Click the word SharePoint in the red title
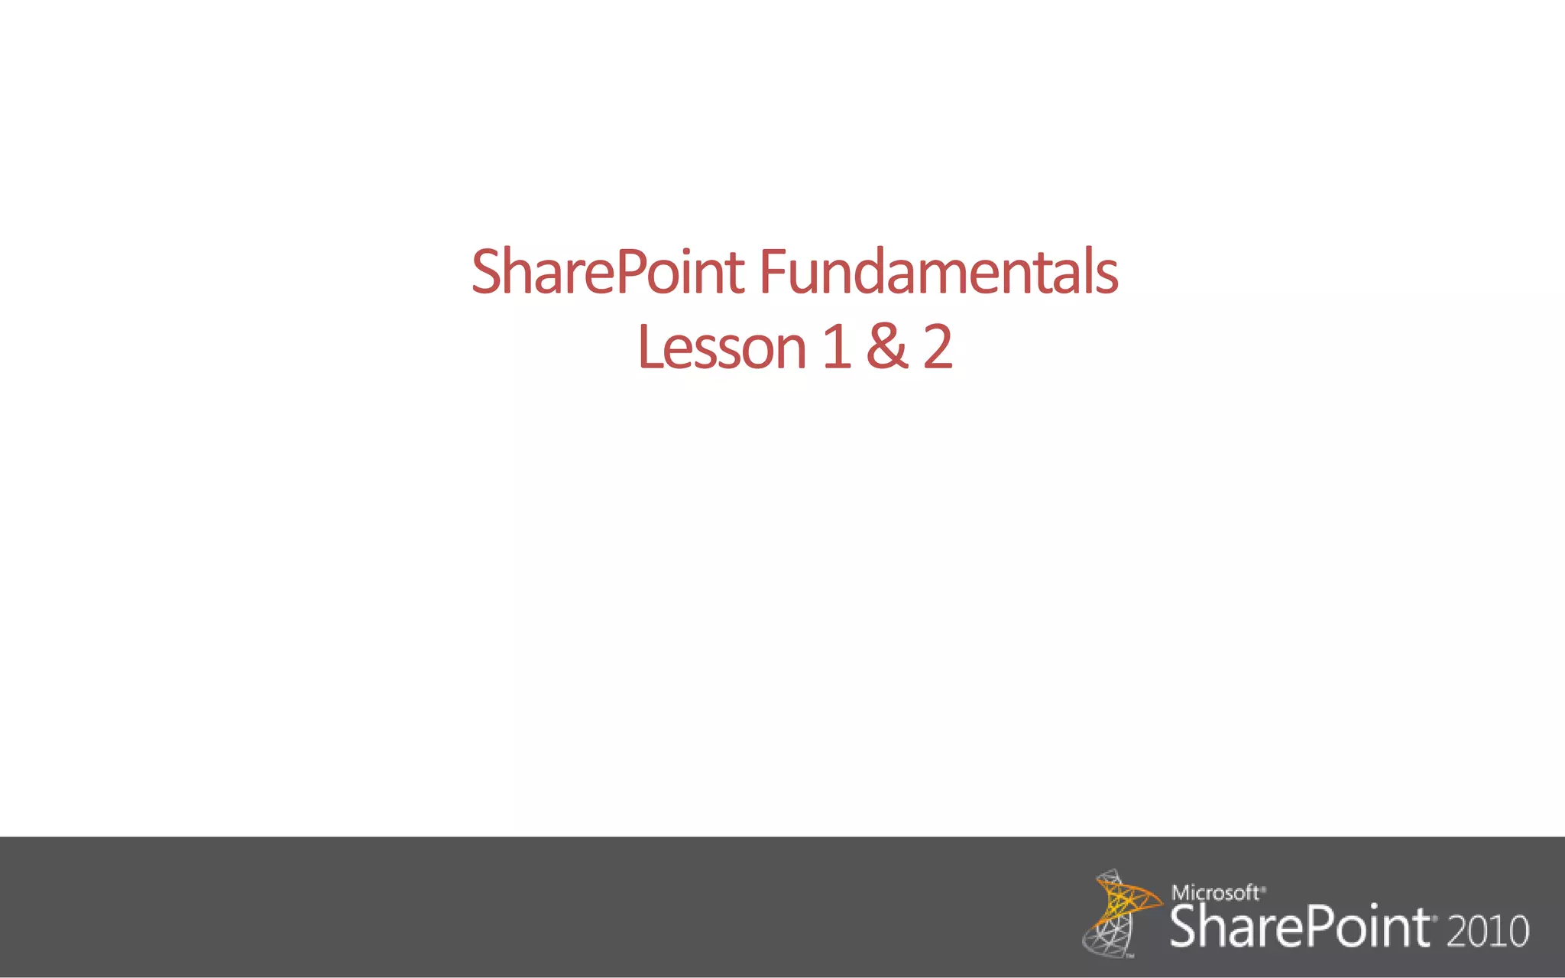click(x=608, y=272)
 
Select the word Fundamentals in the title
click(x=938, y=272)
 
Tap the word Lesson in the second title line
click(x=722, y=348)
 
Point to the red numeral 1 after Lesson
click(x=837, y=348)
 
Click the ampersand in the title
click(x=887, y=348)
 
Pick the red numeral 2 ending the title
click(x=938, y=348)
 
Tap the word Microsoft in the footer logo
click(x=1215, y=892)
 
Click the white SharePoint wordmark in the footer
click(x=1299, y=928)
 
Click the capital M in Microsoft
click(x=1179, y=892)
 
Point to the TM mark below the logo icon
click(x=1129, y=955)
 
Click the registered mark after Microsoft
click(x=1263, y=888)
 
